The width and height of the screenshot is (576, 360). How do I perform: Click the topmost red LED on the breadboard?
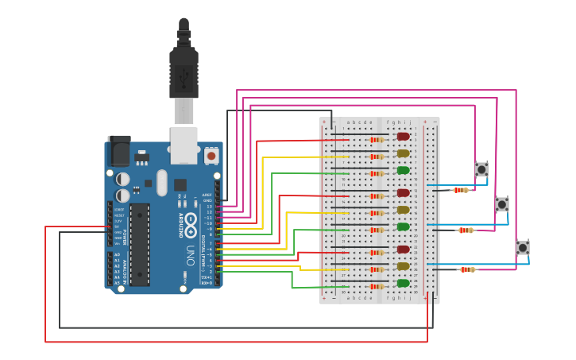pyautogui.click(x=403, y=137)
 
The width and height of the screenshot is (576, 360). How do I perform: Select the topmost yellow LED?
pyautogui.click(x=403, y=153)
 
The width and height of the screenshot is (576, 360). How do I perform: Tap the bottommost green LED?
pyautogui.click(x=403, y=283)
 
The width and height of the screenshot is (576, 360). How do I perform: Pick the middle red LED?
pyautogui.click(x=403, y=193)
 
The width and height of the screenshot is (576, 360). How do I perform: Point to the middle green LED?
pyautogui.click(x=403, y=226)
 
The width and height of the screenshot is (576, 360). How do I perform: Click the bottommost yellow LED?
pyautogui.click(x=403, y=266)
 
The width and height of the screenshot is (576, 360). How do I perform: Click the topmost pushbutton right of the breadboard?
pyautogui.click(x=481, y=168)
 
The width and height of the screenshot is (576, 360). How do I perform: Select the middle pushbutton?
pyautogui.click(x=502, y=204)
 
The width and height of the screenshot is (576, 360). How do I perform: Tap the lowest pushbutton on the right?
pyautogui.click(x=523, y=247)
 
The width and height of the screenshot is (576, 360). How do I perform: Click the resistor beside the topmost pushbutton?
pyautogui.click(x=461, y=190)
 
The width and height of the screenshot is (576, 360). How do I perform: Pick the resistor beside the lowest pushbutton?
pyautogui.click(x=467, y=269)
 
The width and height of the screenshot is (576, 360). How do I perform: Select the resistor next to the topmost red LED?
pyautogui.click(x=377, y=140)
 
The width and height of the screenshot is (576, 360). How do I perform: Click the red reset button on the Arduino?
pyautogui.click(x=211, y=156)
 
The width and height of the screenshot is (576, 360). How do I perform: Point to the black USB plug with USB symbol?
pyautogui.click(x=184, y=75)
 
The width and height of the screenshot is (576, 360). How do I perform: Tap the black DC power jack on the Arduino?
pyautogui.click(x=119, y=150)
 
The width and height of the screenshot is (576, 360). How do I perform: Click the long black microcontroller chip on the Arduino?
pyautogui.click(x=140, y=244)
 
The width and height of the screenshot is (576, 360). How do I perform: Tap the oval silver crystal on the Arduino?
pyautogui.click(x=162, y=183)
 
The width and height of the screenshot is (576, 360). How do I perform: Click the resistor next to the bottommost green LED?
pyautogui.click(x=377, y=286)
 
